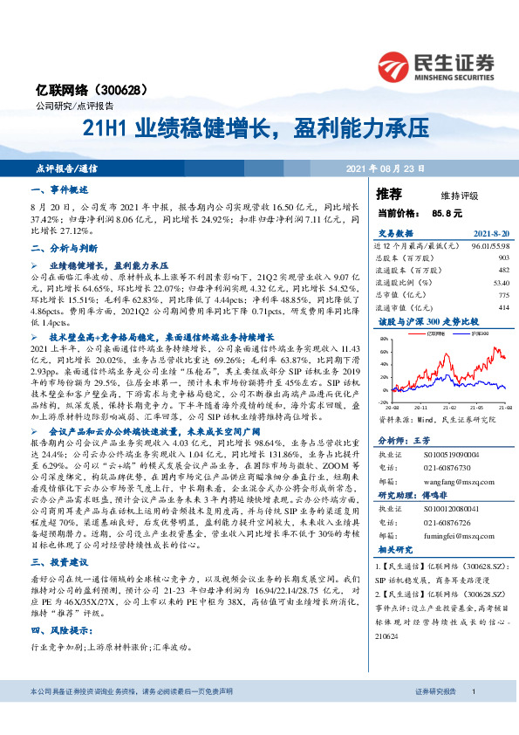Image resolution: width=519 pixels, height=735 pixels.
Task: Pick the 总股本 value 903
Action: (502, 258)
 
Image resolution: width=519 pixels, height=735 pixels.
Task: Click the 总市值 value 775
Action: (502, 295)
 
